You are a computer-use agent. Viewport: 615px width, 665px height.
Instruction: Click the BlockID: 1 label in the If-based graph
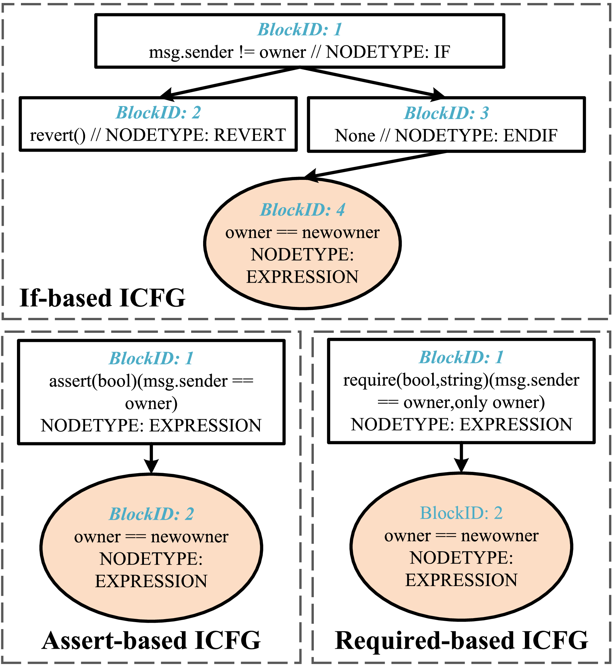[300, 30]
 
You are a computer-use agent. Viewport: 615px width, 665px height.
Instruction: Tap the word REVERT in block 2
[250, 135]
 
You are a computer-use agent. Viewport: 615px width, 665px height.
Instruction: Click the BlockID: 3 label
[446, 113]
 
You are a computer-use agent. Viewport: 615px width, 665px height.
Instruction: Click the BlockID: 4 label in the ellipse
[302, 210]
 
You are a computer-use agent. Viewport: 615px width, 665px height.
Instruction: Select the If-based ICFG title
[102, 298]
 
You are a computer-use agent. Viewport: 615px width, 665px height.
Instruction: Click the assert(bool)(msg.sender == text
[151, 381]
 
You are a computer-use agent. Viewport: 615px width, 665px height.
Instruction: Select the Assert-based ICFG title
[151, 641]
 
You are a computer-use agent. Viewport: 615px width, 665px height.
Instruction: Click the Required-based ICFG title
[461, 641]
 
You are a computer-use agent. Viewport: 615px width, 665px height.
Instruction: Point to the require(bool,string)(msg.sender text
[461, 380]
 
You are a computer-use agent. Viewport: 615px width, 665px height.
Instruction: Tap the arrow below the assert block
[151, 458]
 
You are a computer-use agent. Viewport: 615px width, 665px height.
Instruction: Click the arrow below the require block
[461, 457]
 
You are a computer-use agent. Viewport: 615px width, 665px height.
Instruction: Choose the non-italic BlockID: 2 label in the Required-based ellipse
[461, 513]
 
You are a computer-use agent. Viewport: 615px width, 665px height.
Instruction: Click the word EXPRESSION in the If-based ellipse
[302, 277]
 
